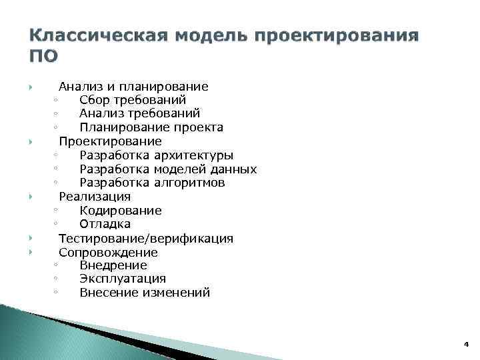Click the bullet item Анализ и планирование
(133, 86)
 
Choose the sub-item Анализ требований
(139, 113)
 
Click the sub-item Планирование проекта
(151, 127)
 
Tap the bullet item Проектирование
(110, 141)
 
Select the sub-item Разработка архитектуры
(157, 155)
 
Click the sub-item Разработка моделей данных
(168, 169)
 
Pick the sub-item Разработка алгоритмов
(152, 183)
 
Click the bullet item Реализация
(95, 197)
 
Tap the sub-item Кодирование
(121, 211)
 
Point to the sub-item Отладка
(105, 224)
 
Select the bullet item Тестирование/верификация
(146, 238)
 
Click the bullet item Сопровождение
(108, 252)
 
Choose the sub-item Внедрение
(113, 265)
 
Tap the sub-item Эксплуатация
(123, 279)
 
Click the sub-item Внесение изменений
(145, 292)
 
